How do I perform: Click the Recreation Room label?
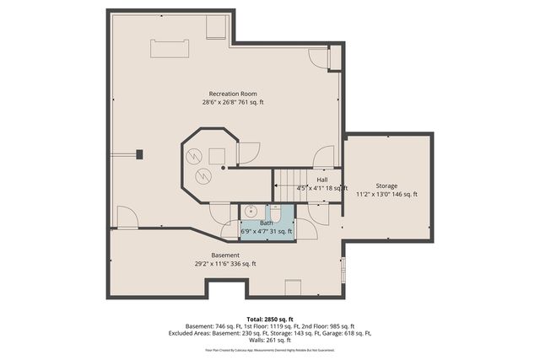233,94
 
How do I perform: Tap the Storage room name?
386,185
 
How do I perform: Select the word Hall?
322,180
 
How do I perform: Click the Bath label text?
266,223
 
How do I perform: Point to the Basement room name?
224,255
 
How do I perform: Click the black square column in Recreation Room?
140,154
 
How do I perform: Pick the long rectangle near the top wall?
170,49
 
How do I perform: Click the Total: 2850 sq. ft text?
270,319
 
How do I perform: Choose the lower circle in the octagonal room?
202,175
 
